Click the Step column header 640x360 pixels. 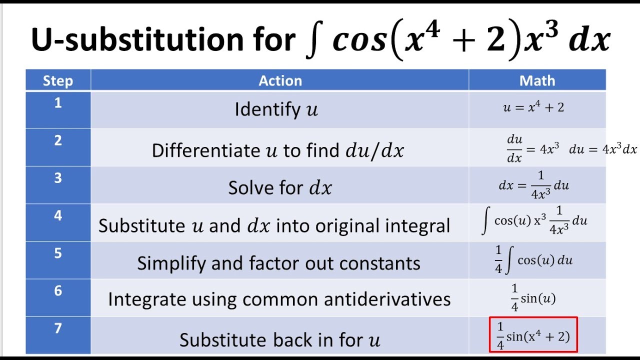(x=58, y=80)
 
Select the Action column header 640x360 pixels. (x=280, y=80)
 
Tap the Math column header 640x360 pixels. (x=537, y=80)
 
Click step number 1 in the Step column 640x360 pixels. (x=58, y=103)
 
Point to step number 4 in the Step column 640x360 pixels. (x=58, y=215)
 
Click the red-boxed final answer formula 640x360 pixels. (x=533, y=335)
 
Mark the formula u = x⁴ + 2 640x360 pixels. (x=533, y=107)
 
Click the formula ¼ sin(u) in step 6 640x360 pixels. (x=533, y=297)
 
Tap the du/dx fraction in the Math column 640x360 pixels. (x=514, y=149)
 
